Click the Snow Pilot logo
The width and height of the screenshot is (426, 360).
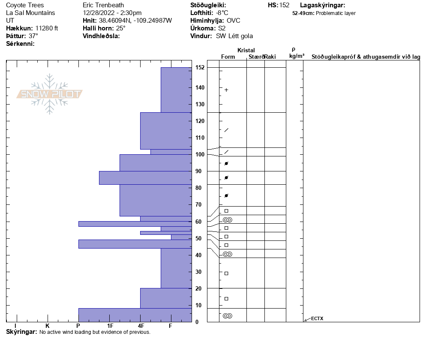pyautogui.click(x=49, y=94)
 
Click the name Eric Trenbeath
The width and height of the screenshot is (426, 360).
pyautogui.click(x=103, y=5)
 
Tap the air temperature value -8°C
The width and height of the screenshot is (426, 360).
pyautogui.click(x=222, y=13)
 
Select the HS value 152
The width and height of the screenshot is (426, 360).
pyautogui.click(x=284, y=5)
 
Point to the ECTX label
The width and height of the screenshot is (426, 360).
pyautogui.click(x=317, y=318)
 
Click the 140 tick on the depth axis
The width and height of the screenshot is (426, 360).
pyautogui.click(x=199, y=88)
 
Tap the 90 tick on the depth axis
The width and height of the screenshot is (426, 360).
pyautogui.click(x=198, y=171)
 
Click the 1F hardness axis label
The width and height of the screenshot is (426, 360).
pyautogui.click(x=110, y=326)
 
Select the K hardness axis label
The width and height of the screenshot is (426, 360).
pyautogui.click(x=47, y=326)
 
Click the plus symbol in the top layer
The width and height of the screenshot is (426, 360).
pyautogui.click(x=226, y=90)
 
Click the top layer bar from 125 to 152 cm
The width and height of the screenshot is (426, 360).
pyautogui.click(x=176, y=90)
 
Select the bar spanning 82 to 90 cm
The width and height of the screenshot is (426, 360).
pyautogui.click(x=145, y=178)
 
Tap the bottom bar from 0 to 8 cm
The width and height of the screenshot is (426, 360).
pyautogui.click(x=135, y=315)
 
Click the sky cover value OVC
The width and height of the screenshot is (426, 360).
pyautogui.click(x=233, y=21)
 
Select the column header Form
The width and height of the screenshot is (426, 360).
pyautogui.click(x=228, y=57)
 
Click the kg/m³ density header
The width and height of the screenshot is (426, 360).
pyautogui.click(x=297, y=56)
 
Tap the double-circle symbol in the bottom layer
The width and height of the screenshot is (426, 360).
pyautogui.click(x=228, y=316)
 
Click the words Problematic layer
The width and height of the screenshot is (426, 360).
pyautogui.click(x=336, y=13)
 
